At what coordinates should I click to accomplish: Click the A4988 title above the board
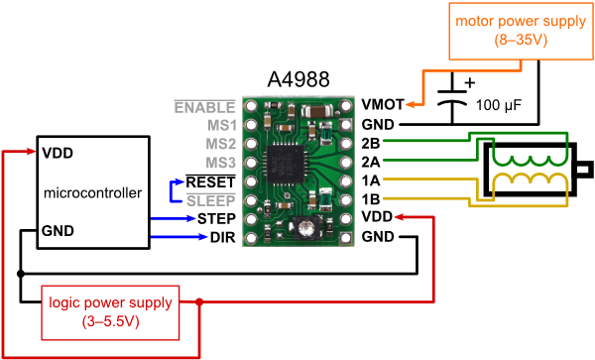[298, 78]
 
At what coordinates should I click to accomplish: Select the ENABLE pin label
[204, 106]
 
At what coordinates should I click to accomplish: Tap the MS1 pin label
[220, 125]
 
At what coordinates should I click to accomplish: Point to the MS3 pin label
[220, 163]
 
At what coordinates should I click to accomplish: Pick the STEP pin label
[215, 218]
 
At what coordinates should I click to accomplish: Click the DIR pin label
[222, 237]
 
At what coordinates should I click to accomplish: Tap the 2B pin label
[372, 143]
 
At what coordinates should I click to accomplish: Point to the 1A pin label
[372, 181]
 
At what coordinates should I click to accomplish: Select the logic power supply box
[111, 310]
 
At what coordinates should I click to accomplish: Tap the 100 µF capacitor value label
[499, 103]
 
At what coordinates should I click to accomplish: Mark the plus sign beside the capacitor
[469, 82]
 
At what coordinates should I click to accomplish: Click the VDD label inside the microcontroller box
[57, 154]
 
